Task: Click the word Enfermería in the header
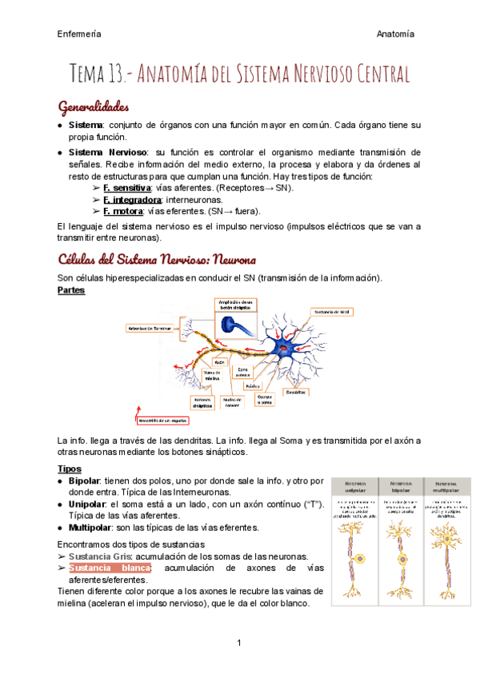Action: click(78, 34)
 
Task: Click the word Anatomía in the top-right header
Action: click(395, 34)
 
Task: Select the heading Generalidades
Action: click(94, 106)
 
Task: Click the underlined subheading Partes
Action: click(72, 290)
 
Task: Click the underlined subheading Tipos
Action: click(70, 469)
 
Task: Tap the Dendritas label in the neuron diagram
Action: click(296, 392)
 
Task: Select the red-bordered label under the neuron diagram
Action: click(161, 418)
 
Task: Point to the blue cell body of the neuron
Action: click(282, 347)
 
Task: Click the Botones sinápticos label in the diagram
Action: click(202, 402)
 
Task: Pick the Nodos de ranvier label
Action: click(232, 402)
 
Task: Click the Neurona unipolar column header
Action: click(357, 487)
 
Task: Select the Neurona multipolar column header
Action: click(446, 487)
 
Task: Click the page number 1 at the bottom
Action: click(238, 644)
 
